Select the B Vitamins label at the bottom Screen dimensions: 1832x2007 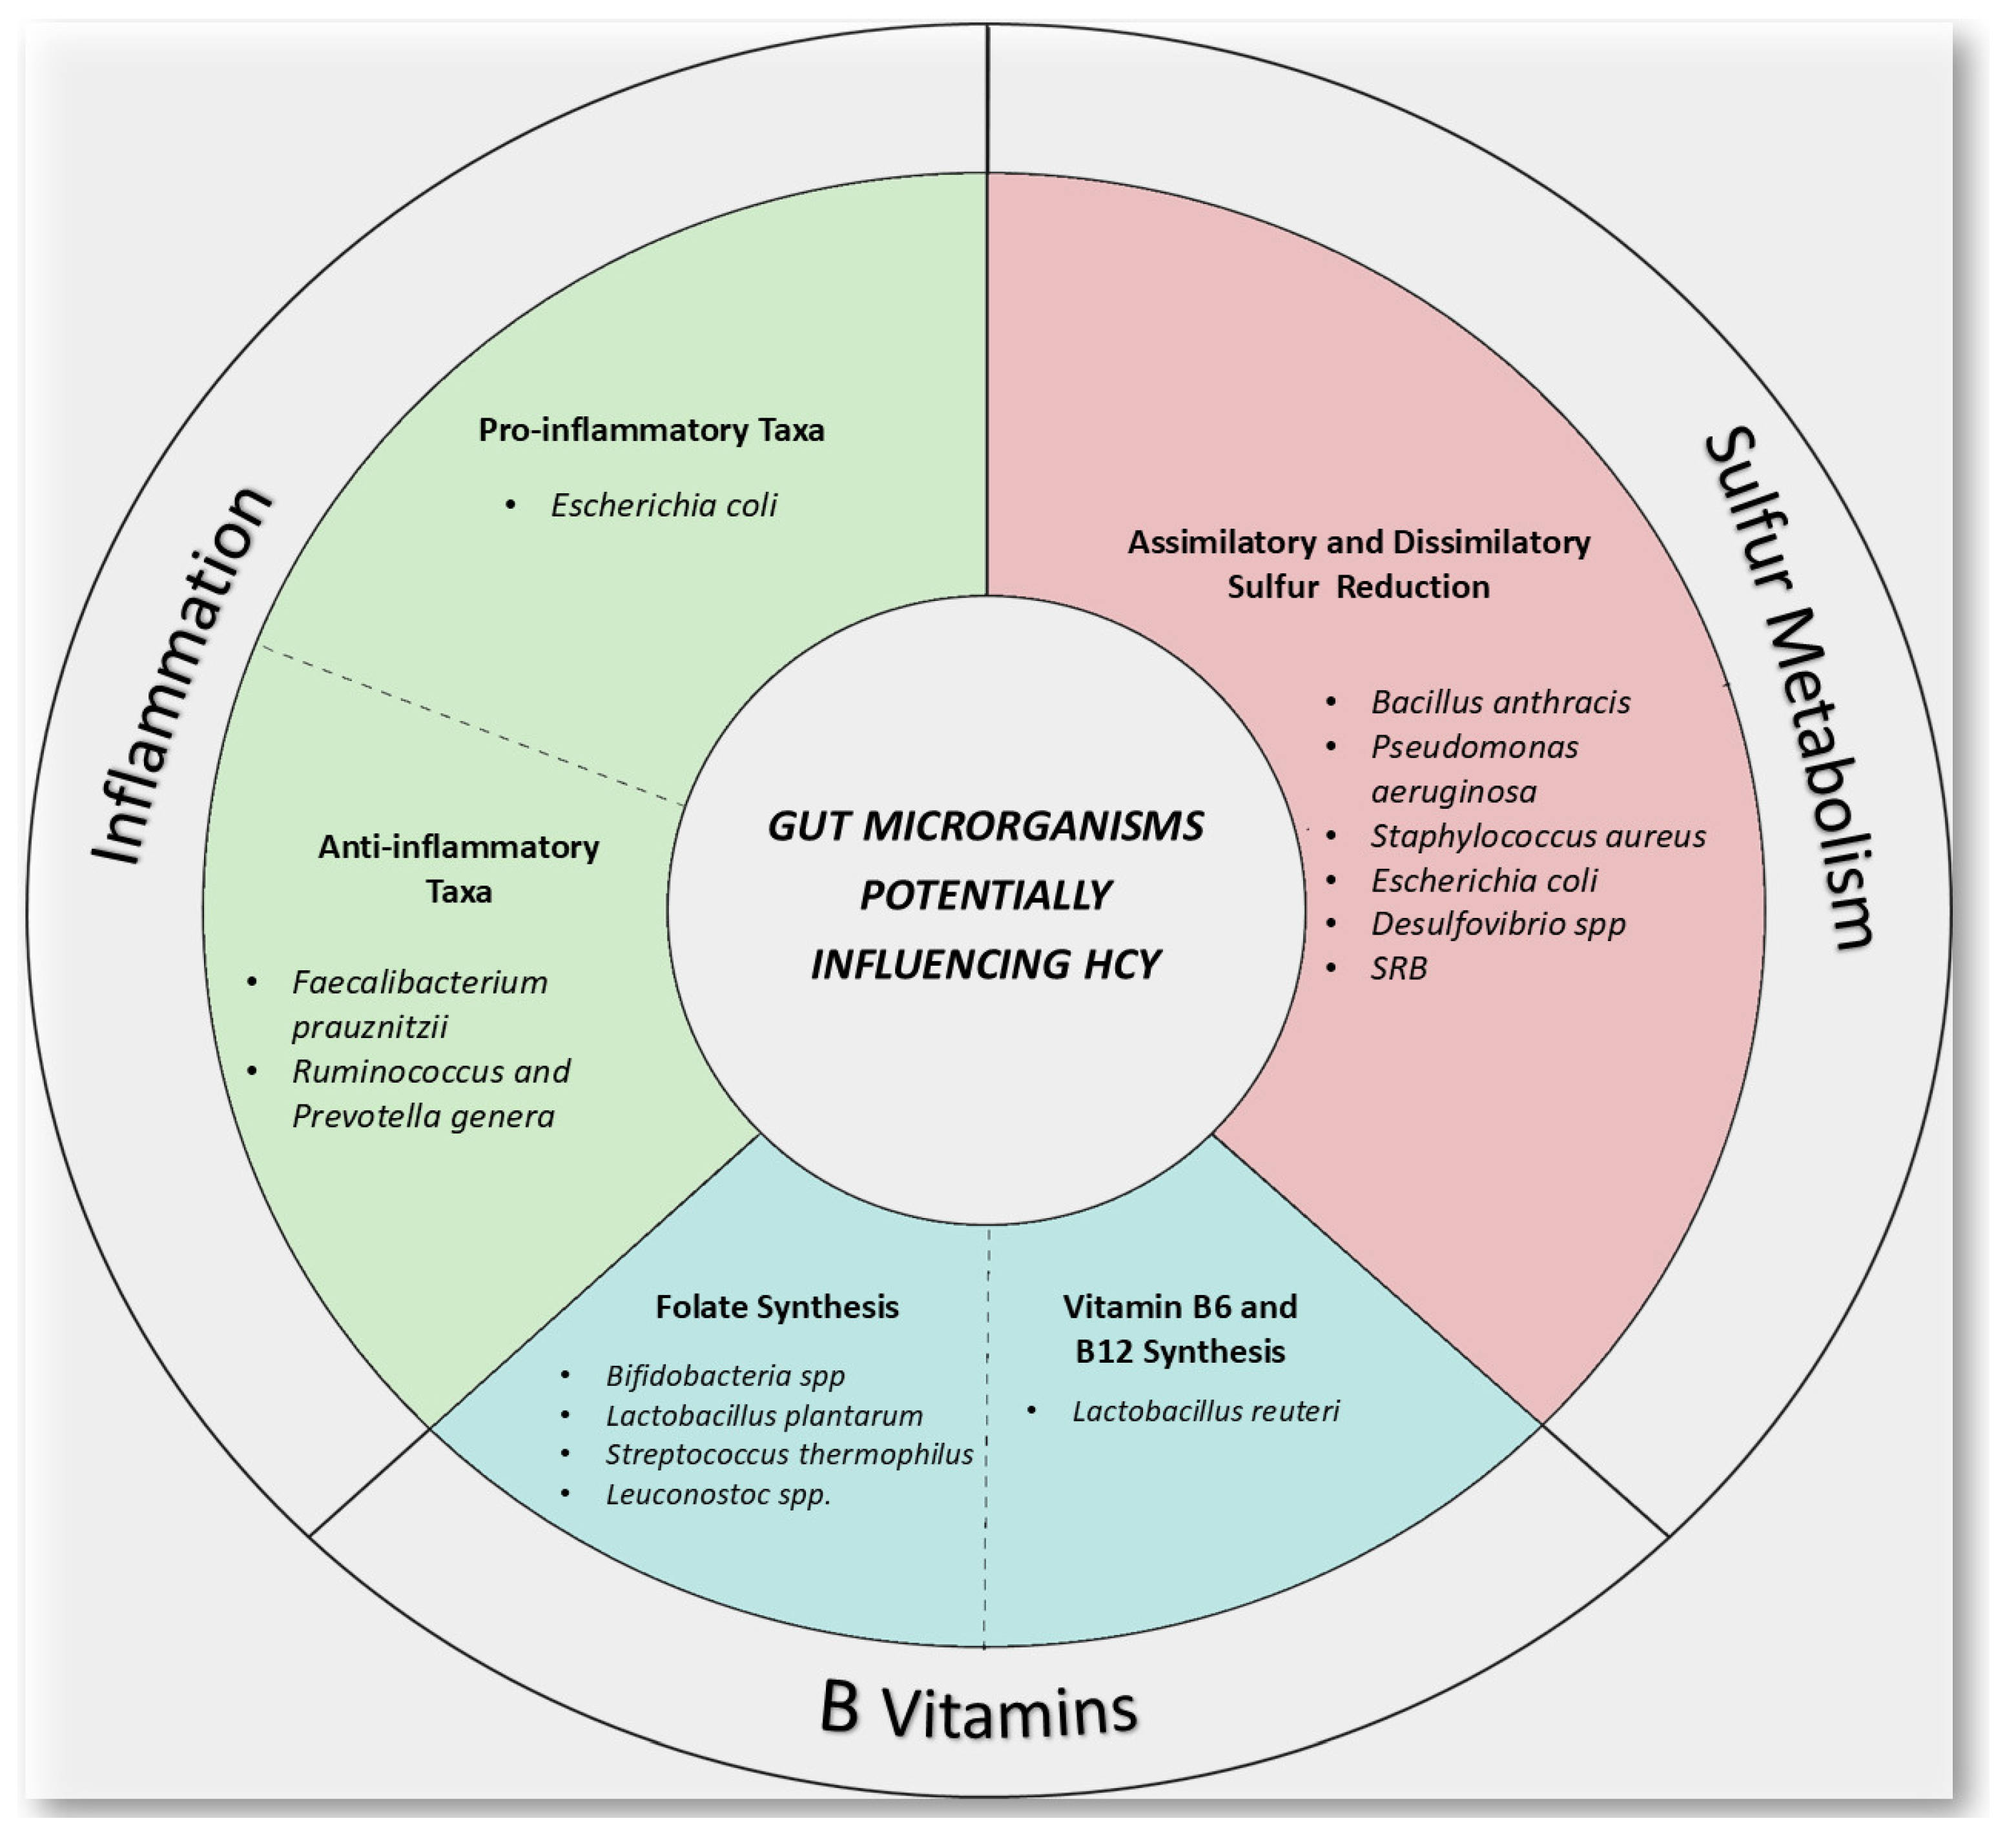pyautogui.click(x=978, y=1709)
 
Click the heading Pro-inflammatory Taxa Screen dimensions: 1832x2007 pyautogui.click(x=651, y=430)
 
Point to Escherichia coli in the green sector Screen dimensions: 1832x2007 pyautogui.click(x=663, y=505)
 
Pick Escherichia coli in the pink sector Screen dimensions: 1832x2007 pyautogui.click(x=1483, y=880)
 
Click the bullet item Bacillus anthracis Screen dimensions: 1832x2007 pyautogui.click(x=1500, y=702)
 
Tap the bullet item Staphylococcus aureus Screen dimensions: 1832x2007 pyautogui.click(x=1537, y=836)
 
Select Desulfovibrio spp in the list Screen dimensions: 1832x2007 pyautogui.click(x=1498, y=924)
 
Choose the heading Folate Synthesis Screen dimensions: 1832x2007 pyautogui.click(x=776, y=1307)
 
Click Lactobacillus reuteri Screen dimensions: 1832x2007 pyautogui.click(x=1204, y=1411)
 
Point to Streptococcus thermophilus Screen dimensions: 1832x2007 pyautogui.click(x=788, y=1455)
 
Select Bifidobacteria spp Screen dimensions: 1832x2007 pyautogui.click(x=725, y=1376)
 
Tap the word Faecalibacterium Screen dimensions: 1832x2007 pyautogui.click(x=419, y=983)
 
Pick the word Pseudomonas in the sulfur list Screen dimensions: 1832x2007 pyautogui.click(x=1474, y=748)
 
